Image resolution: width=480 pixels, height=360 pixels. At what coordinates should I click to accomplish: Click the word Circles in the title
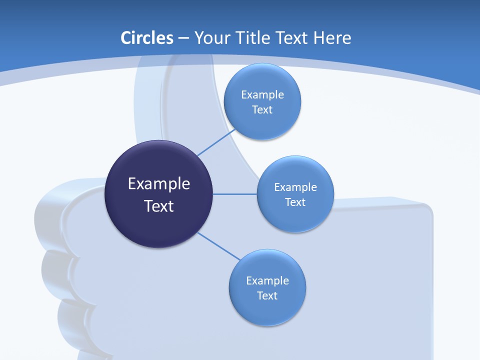[x=146, y=38]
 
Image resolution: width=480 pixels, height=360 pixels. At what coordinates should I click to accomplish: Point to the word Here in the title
[x=332, y=38]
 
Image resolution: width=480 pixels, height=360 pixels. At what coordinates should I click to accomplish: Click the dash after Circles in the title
[x=183, y=38]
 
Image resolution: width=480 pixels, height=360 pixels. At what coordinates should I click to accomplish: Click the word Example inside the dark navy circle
[x=159, y=184]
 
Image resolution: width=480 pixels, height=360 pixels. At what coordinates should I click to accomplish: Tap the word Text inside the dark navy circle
[x=159, y=206]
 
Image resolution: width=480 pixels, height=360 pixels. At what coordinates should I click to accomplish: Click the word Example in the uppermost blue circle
[x=262, y=94]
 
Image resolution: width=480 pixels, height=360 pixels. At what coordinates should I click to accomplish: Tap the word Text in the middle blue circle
[x=295, y=202]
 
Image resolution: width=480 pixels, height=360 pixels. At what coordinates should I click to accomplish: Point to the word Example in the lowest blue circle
[x=267, y=280]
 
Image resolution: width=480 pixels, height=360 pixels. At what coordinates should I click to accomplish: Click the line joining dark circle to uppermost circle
[x=216, y=142]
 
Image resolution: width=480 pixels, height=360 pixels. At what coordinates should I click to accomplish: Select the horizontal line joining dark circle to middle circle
[x=235, y=194]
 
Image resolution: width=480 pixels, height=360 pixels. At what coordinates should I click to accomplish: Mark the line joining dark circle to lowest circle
[x=219, y=246]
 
